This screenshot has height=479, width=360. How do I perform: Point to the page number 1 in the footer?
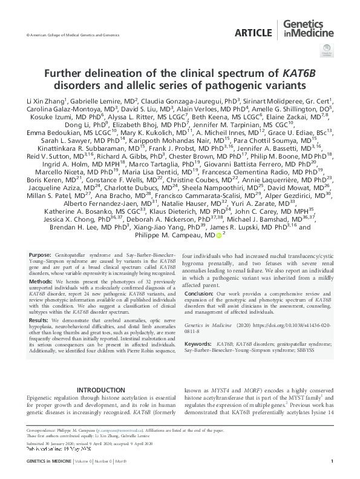(332, 461)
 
